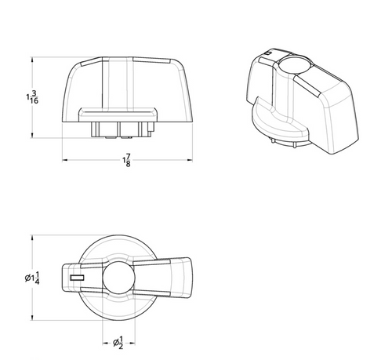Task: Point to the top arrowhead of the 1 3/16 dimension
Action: click(x=32, y=60)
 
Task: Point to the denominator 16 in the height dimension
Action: click(x=34, y=100)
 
